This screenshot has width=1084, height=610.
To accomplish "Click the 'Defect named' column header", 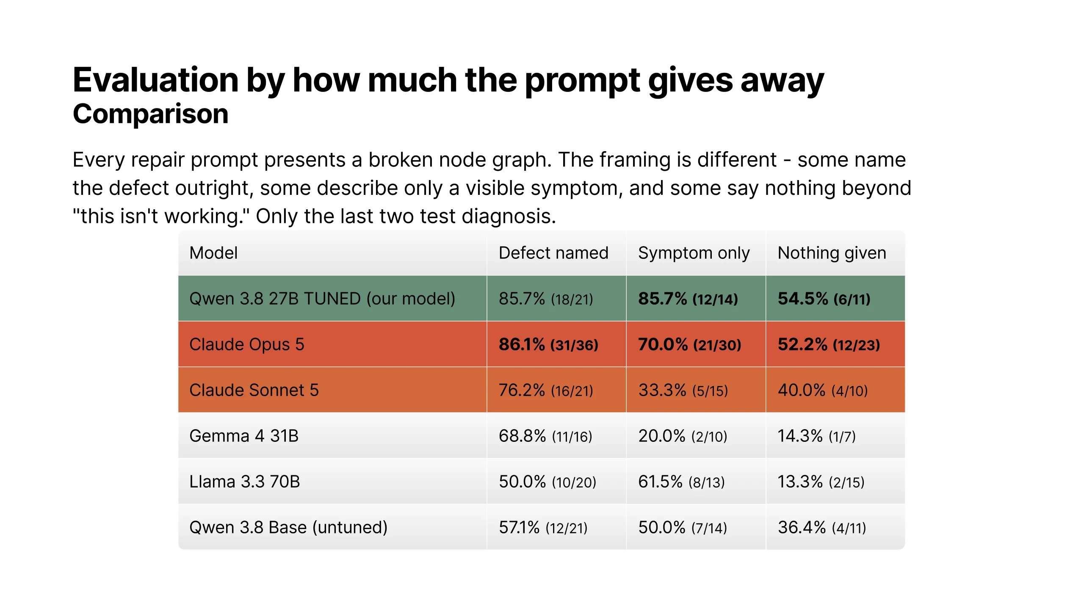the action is pos(553,253).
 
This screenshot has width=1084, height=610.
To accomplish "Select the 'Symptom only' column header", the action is pos(694,253).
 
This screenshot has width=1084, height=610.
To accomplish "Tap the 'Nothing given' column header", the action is pos(832,253).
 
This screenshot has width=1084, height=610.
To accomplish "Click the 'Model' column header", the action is pos(213,253).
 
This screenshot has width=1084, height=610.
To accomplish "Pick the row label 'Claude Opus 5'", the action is pos(247,344).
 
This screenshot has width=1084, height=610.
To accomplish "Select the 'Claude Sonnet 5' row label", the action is pos(254,390).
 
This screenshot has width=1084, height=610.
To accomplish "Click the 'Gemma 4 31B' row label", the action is pos(244,436).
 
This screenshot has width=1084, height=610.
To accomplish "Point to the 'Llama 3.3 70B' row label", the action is pos(245,482).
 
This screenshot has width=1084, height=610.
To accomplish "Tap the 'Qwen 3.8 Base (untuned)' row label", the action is pos(288,527).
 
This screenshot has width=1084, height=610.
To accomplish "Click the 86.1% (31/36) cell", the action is pos(548,344).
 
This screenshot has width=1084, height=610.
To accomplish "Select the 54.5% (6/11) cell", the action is pos(824,299).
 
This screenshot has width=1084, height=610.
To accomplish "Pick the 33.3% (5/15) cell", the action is pos(683,390).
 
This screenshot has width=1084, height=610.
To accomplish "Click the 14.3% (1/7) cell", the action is pos(817,436).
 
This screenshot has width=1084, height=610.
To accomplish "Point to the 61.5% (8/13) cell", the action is pos(682,482).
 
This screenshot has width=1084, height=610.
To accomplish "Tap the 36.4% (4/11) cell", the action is pos(822,527).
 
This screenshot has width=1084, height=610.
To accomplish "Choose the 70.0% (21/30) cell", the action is pos(690,344).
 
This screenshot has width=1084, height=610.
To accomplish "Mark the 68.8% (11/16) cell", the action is pos(545,436).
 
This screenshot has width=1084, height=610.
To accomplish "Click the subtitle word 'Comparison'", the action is pos(151,114).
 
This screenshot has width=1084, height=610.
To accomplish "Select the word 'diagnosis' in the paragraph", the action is pos(509,216).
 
